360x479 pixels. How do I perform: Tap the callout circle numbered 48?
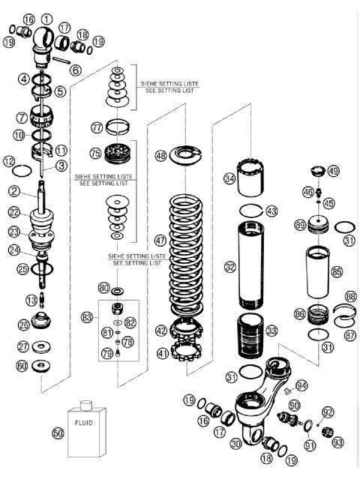coord(161,156)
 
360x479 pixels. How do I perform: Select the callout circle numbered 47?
coord(160,241)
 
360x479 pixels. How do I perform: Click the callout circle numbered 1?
coord(47,18)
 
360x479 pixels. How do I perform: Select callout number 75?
coord(94,152)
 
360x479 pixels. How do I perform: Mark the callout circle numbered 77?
coord(97,127)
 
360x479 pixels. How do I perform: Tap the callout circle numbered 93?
coord(337,443)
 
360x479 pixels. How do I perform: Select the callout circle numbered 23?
coord(13,232)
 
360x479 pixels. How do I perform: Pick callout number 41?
coord(161,352)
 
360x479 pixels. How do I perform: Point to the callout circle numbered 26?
coord(24,325)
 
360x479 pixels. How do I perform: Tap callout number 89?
coord(300,224)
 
